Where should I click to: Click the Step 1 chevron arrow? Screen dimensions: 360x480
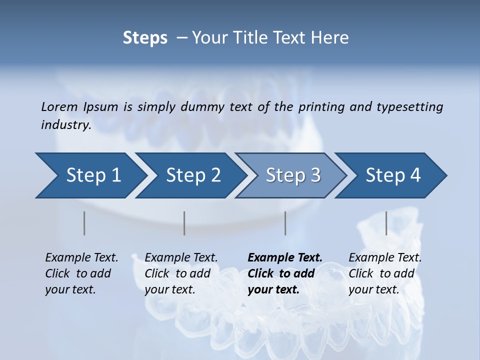click(93, 175)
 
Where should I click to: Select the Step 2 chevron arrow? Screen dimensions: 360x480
click(193, 175)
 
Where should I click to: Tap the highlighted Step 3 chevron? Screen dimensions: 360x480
click(293, 175)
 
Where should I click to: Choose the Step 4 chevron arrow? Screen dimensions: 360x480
click(393, 175)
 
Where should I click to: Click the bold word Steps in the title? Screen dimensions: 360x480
click(145, 38)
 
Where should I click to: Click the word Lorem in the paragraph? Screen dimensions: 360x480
click(59, 106)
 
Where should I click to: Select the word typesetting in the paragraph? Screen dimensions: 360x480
click(409, 106)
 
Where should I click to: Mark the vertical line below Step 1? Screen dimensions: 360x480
click(84, 223)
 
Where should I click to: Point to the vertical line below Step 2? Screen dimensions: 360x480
click(184, 223)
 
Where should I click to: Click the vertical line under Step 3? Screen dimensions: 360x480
click(285, 223)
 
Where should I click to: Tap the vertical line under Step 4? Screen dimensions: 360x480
click(386, 223)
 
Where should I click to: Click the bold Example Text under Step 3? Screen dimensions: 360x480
click(285, 257)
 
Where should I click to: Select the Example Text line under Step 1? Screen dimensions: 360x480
click(81, 257)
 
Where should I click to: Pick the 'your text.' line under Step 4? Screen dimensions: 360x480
click(374, 289)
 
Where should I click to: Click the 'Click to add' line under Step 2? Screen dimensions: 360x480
click(177, 273)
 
